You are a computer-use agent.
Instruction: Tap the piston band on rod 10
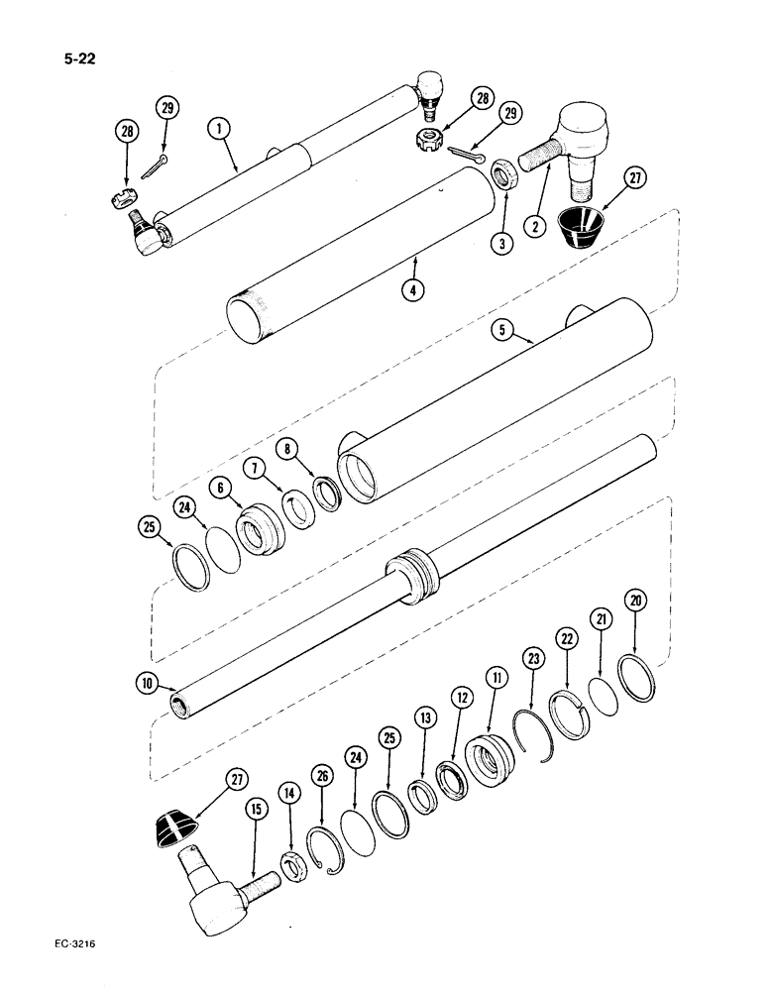tap(412, 578)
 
